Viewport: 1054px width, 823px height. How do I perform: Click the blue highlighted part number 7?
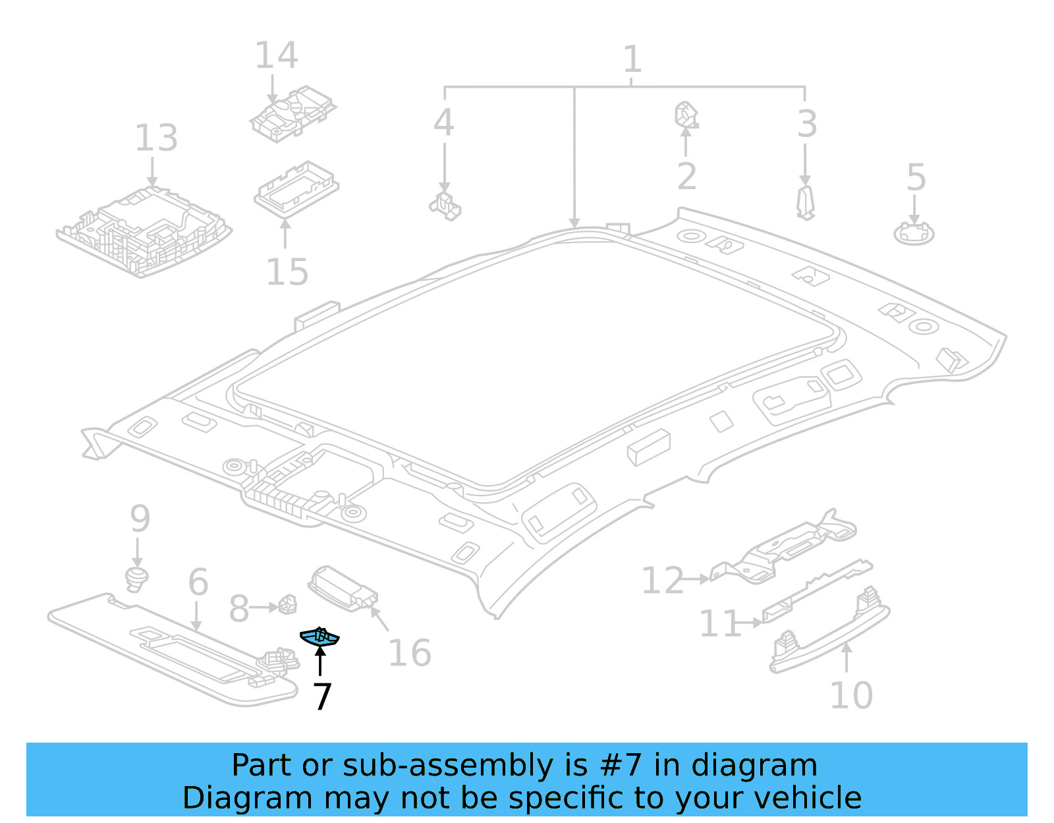coord(319,637)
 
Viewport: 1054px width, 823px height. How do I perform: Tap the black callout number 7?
coord(321,697)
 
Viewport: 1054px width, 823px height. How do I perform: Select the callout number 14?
coord(276,55)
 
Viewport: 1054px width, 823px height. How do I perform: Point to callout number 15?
coord(287,271)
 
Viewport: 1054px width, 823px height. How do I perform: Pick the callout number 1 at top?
coord(632,59)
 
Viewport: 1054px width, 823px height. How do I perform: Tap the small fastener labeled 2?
coord(686,115)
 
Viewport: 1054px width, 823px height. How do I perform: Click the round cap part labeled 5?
coord(914,233)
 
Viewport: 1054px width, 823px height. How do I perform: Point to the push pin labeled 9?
coord(136,578)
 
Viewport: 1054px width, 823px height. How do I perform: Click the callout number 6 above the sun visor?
coord(198,582)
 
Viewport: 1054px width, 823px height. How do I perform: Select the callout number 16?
coord(410,653)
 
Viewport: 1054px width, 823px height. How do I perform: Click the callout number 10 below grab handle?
coord(850,696)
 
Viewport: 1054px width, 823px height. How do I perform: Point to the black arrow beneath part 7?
coord(320,662)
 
